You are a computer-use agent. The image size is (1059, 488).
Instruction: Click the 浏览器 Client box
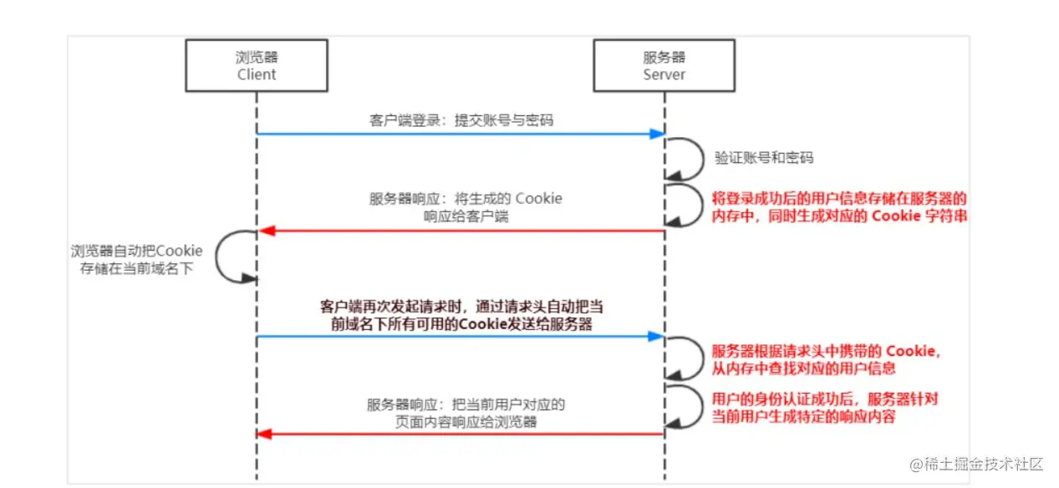[256, 66]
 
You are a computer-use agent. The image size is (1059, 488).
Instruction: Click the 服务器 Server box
[664, 66]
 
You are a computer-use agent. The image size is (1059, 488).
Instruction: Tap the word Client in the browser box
[256, 74]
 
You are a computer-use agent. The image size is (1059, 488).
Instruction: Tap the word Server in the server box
[664, 74]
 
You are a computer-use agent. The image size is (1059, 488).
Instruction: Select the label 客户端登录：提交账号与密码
[462, 120]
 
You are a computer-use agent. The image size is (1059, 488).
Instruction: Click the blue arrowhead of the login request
[658, 134]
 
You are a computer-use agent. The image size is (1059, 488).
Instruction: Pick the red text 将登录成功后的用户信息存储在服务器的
[839, 199]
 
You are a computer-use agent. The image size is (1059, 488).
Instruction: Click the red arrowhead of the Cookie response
[264, 231]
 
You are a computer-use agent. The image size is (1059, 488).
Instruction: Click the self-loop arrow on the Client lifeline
[233, 256]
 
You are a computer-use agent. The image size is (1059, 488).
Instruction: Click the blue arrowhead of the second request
[658, 337]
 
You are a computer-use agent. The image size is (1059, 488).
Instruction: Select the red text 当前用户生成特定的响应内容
[803, 415]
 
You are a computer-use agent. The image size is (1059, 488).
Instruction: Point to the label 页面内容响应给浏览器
[466, 422]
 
